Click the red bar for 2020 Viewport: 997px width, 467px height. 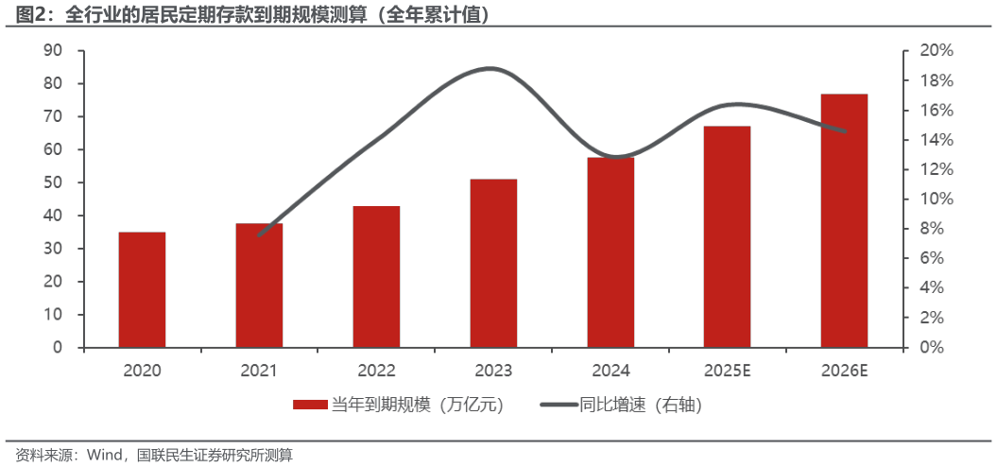pyautogui.click(x=142, y=289)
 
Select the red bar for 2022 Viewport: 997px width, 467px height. pyautogui.click(x=376, y=276)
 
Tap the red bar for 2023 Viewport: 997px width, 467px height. pyautogui.click(x=493, y=263)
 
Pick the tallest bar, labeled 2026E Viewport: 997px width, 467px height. pyautogui.click(x=844, y=220)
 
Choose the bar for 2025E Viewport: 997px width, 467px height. pyautogui.click(x=727, y=236)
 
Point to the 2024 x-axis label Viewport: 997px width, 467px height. pyautogui.click(x=610, y=371)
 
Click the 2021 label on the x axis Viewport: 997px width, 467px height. pyautogui.click(x=259, y=371)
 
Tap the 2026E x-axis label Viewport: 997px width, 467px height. pyautogui.click(x=844, y=371)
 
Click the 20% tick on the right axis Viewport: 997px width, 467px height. pyautogui.click(x=937, y=51)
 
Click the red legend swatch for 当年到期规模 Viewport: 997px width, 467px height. pyautogui.click(x=309, y=405)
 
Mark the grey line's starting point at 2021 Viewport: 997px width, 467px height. pyautogui.click(x=259, y=235)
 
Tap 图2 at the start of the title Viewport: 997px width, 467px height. pyautogui.click(x=26, y=16)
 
